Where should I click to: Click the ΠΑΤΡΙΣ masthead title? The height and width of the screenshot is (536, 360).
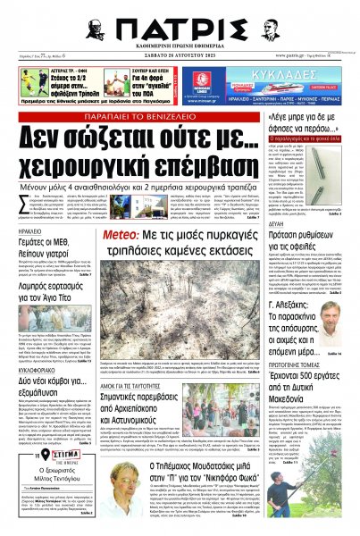(179, 29)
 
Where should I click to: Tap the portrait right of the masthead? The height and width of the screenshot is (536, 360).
(270, 27)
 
